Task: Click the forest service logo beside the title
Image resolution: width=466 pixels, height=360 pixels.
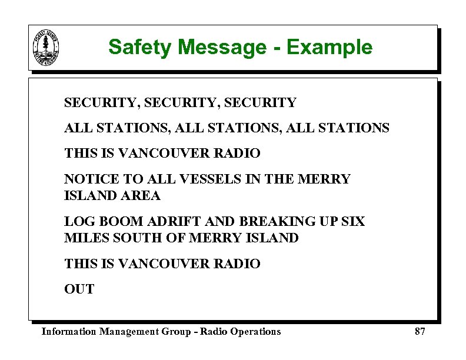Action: pos(46,48)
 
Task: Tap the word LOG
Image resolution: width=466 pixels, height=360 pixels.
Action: pos(77,221)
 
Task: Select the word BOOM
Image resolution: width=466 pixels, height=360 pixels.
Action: pos(111,221)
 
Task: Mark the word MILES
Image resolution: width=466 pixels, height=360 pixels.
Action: pos(83,238)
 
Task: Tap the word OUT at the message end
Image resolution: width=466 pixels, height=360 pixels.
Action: pos(79,289)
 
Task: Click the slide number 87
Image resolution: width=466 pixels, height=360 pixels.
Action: pos(420,331)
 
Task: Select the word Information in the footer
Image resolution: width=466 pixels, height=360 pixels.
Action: pos(69,331)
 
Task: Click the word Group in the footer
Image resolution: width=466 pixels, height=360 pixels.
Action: pos(178,331)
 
